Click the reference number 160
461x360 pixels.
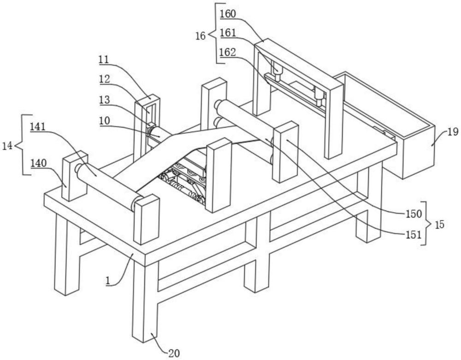[x=228, y=14]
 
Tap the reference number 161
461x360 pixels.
[x=228, y=33]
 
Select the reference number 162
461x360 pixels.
[x=228, y=52]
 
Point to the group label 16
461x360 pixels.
[x=201, y=36]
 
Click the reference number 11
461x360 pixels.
[x=104, y=59]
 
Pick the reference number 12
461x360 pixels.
[x=104, y=79]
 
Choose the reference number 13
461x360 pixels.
[x=104, y=100]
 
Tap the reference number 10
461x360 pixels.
[x=104, y=120]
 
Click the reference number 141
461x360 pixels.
[x=38, y=127]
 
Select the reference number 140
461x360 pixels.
[x=39, y=163]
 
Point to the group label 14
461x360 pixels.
[x=7, y=146]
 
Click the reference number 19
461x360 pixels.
[x=453, y=132]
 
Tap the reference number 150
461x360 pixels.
[x=414, y=214]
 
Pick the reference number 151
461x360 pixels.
[x=414, y=235]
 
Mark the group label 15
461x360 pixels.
[x=439, y=224]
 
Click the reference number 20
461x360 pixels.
[x=174, y=353]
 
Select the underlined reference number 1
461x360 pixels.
[x=108, y=281]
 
